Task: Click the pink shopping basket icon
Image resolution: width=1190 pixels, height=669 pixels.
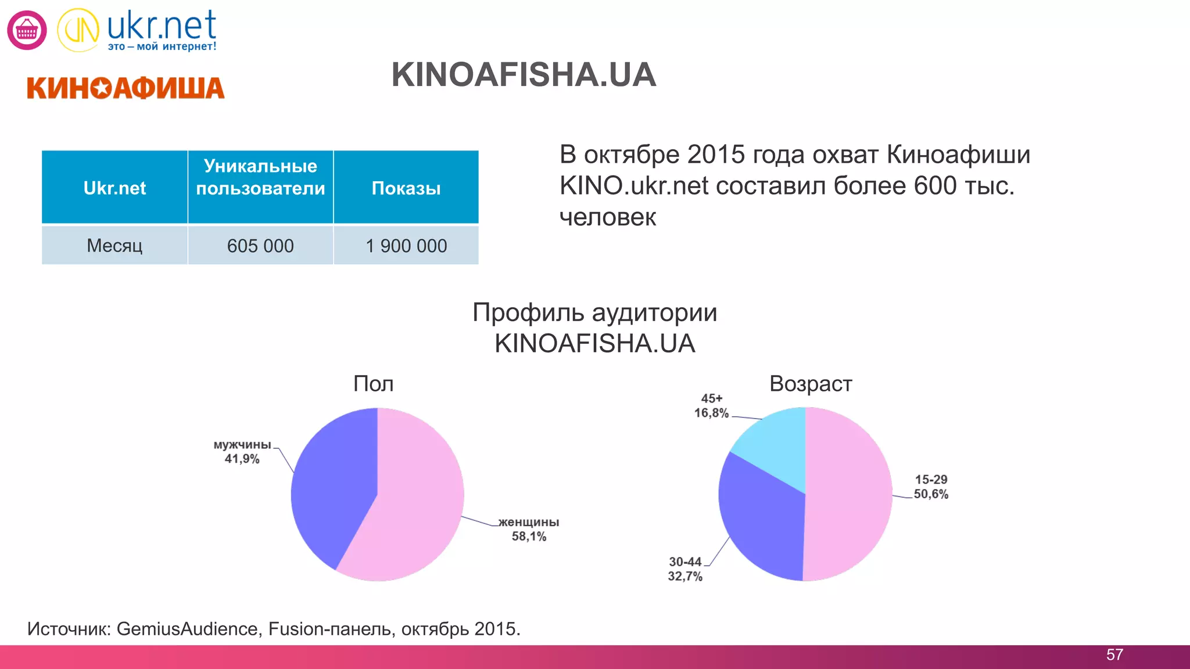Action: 27,30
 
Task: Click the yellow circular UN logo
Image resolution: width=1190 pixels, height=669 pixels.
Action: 78,30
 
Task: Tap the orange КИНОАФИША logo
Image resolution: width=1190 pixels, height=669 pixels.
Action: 126,88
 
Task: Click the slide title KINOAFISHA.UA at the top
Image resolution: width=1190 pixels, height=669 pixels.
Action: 524,75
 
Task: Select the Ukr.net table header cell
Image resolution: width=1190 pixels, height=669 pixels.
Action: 114,188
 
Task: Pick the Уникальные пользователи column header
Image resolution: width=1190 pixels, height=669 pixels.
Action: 260,177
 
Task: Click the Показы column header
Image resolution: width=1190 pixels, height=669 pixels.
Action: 406,188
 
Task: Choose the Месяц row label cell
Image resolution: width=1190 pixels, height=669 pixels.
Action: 114,246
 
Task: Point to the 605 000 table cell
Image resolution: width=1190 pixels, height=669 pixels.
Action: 260,246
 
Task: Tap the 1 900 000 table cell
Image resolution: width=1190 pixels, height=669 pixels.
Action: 406,246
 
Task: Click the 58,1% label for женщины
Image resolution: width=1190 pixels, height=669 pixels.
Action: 529,537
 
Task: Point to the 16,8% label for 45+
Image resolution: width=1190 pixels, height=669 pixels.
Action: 711,413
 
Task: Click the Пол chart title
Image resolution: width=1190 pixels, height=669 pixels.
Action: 374,384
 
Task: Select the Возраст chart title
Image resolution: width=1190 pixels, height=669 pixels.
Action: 811,384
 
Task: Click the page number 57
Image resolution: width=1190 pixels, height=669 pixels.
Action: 1114,655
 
